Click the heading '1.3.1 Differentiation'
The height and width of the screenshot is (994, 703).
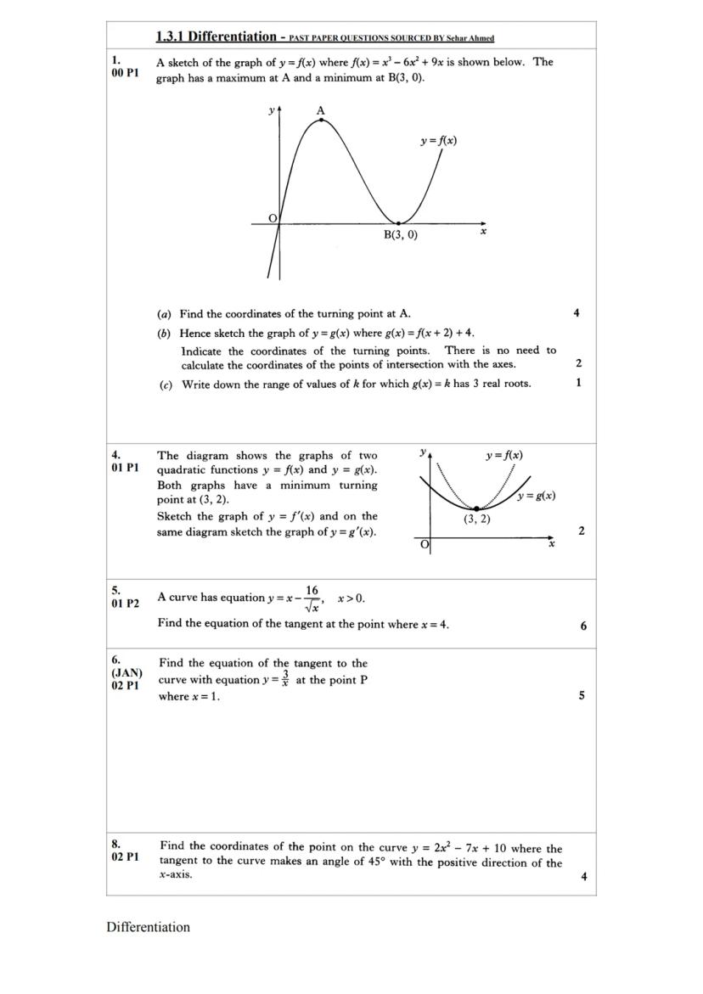(x=217, y=37)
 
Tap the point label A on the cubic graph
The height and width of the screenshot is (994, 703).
(x=320, y=110)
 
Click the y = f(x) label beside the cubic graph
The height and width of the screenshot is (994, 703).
(x=438, y=141)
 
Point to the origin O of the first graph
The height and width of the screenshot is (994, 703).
(x=273, y=218)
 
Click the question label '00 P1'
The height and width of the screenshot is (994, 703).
(x=124, y=75)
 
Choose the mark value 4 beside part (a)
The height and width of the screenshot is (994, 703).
(x=576, y=313)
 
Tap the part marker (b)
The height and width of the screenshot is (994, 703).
(x=164, y=333)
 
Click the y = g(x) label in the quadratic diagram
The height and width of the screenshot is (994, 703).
(x=537, y=496)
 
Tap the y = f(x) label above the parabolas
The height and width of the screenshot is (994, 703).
(x=504, y=456)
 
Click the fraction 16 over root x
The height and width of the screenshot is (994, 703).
(x=312, y=598)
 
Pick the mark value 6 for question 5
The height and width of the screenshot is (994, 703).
(x=583, y=626)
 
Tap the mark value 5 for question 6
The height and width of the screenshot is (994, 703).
(x=582, y=695)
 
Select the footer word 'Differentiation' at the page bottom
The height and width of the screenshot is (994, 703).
(x=148, y=927)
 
